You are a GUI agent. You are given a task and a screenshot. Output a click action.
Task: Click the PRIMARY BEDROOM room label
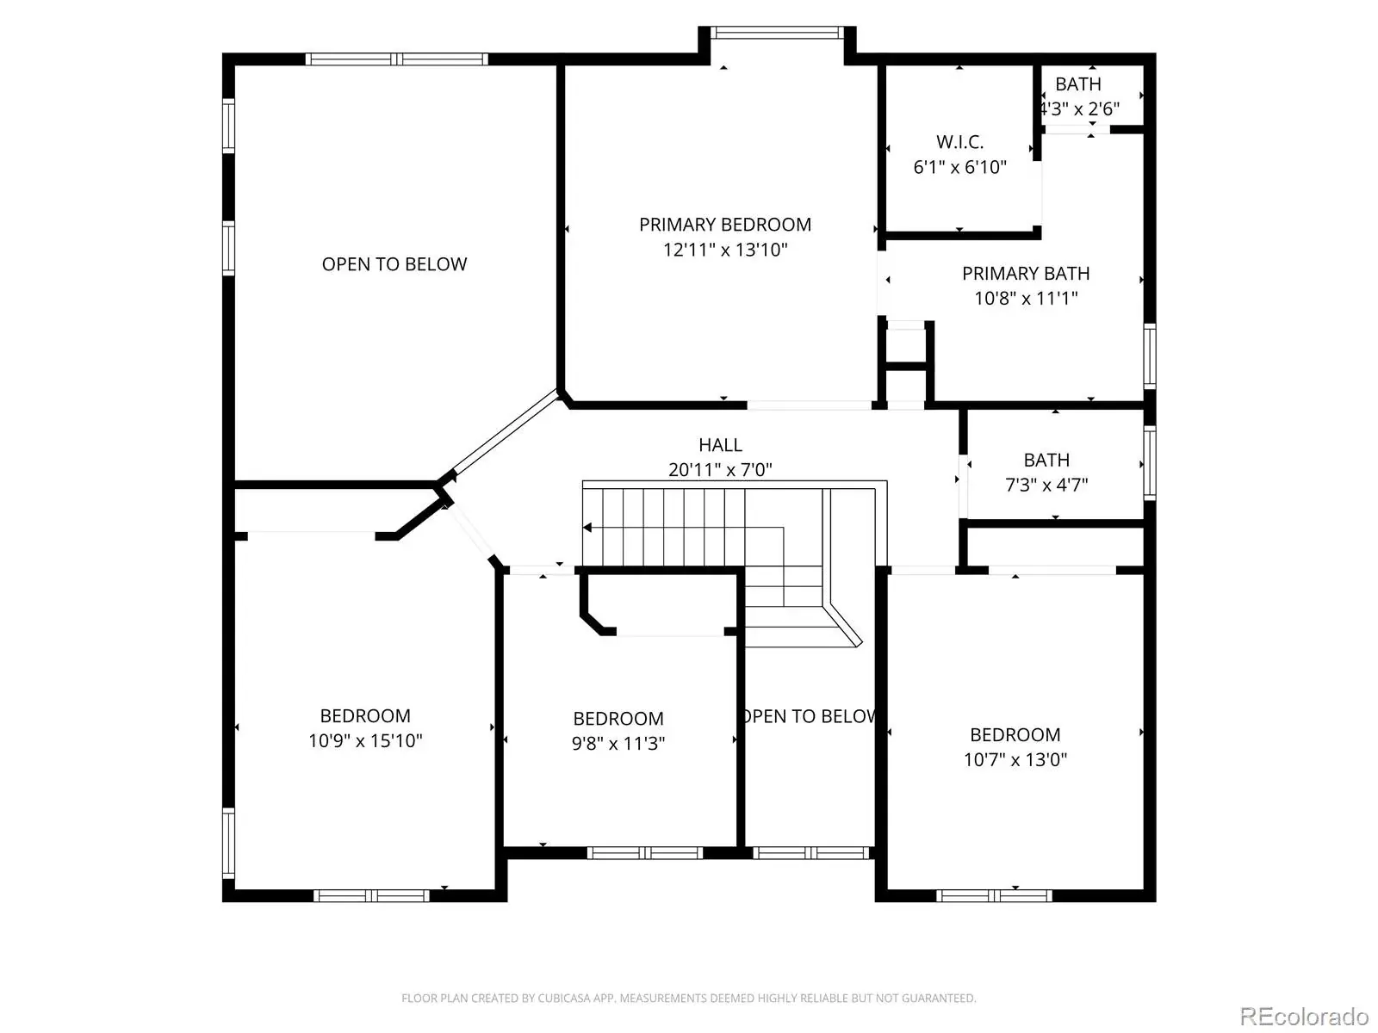tap(724, 225)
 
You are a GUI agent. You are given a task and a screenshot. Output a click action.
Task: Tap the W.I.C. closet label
tap(959, 142)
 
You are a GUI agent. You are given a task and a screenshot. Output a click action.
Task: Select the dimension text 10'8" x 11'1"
tap(1025, 298)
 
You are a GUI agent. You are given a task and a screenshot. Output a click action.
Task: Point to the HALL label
tap(720, 445)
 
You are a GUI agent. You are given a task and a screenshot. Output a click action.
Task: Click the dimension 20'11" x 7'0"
tap(720, 470)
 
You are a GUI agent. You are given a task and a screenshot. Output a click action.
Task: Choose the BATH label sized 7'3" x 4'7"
tap(1046, 460)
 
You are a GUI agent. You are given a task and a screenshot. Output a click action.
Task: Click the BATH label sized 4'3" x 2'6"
tap(1078, 84)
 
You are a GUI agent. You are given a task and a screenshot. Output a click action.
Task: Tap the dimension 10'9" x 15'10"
tap(365, 740)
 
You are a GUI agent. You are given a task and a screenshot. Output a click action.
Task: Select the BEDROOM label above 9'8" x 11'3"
tap(618, 718)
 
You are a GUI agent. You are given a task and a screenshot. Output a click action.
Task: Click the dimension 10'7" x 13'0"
tap(1015, 759)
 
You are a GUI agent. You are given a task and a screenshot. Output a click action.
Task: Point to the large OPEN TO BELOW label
tap(394, 264)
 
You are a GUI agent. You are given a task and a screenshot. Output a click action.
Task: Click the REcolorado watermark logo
tap(1305, 1016)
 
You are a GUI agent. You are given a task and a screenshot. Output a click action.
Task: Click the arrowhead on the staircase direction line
tap(587, 528)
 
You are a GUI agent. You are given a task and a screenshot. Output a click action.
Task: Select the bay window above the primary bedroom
tap(777, 33)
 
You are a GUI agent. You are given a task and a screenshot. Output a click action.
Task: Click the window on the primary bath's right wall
tap(1150, 356)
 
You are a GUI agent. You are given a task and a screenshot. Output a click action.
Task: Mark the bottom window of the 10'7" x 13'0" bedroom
tap(994, 895)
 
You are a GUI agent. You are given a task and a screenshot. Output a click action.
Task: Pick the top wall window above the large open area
tap(397, 59)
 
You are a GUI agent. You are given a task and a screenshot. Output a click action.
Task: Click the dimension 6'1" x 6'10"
tap(959, 168)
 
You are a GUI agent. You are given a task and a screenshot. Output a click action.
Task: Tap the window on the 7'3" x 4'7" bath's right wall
tap(1150, 463)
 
